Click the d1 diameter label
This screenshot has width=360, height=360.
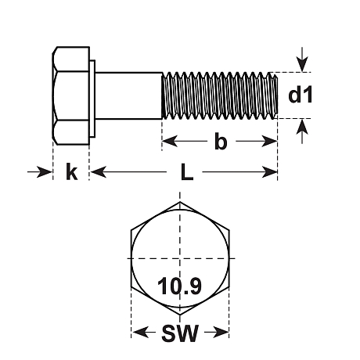click(x=301, y=95)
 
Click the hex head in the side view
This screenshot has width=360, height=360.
click(x=71, y=95)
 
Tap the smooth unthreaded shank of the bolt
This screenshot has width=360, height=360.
click(x=129, y=95)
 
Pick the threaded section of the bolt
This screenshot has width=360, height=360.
click(x=219, y=95)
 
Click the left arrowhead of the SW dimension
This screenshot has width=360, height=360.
click(x=137, y=333)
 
